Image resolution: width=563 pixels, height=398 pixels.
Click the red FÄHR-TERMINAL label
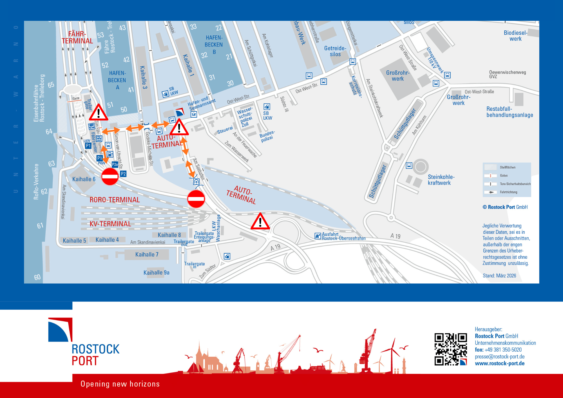(77, 37)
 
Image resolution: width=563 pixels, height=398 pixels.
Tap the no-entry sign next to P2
(110, 176)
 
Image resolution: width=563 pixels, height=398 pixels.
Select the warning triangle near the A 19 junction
(260, 222)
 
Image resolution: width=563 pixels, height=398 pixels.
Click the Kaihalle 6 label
(84, 179)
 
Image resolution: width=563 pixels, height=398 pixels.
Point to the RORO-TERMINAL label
(115, 200)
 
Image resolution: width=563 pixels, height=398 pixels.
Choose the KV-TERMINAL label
(110, 224)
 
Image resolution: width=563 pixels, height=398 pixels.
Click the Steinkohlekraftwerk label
(441, 180)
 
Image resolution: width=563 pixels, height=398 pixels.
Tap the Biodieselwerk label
(515, 36)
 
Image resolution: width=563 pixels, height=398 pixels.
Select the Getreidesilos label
(335, 51)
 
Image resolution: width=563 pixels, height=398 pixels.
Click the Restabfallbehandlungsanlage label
(510, 112)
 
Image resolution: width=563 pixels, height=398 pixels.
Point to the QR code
(450, 349)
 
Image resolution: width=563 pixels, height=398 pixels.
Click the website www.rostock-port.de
(500, 363)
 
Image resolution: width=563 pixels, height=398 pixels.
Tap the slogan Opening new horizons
(120, 384)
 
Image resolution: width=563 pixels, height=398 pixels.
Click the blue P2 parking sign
(123, 174)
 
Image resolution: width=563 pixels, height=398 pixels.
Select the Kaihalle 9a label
(156, 272)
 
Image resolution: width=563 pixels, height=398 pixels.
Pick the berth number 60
(37, 277)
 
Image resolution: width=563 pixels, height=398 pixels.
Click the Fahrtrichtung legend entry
(508, 192)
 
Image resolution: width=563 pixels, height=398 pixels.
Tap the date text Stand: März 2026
(499, 276)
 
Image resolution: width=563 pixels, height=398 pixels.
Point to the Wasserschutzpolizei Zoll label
(245, 117)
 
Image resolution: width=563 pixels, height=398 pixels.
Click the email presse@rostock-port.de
(500, 357)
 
